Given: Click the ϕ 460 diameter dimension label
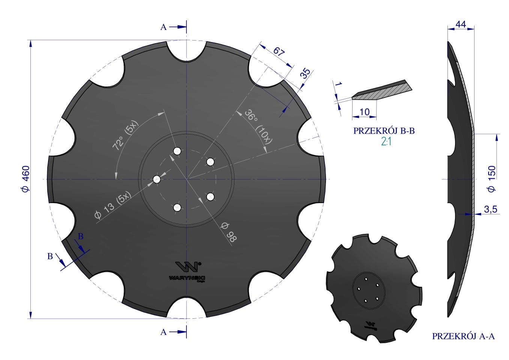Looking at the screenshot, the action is (x=26, y=179).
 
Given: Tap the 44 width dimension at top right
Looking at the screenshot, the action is (x=461, y=24).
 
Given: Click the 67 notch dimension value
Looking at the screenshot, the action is (x=279, y=52).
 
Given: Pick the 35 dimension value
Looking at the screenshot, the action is (x=306, y=73).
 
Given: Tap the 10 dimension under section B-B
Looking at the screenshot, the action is (x=365, y=112).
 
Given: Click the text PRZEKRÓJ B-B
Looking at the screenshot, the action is (x=384, y=131).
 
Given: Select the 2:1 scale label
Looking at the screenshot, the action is (x=386, y=142).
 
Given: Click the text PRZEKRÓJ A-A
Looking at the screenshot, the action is (x=463, y=336).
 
